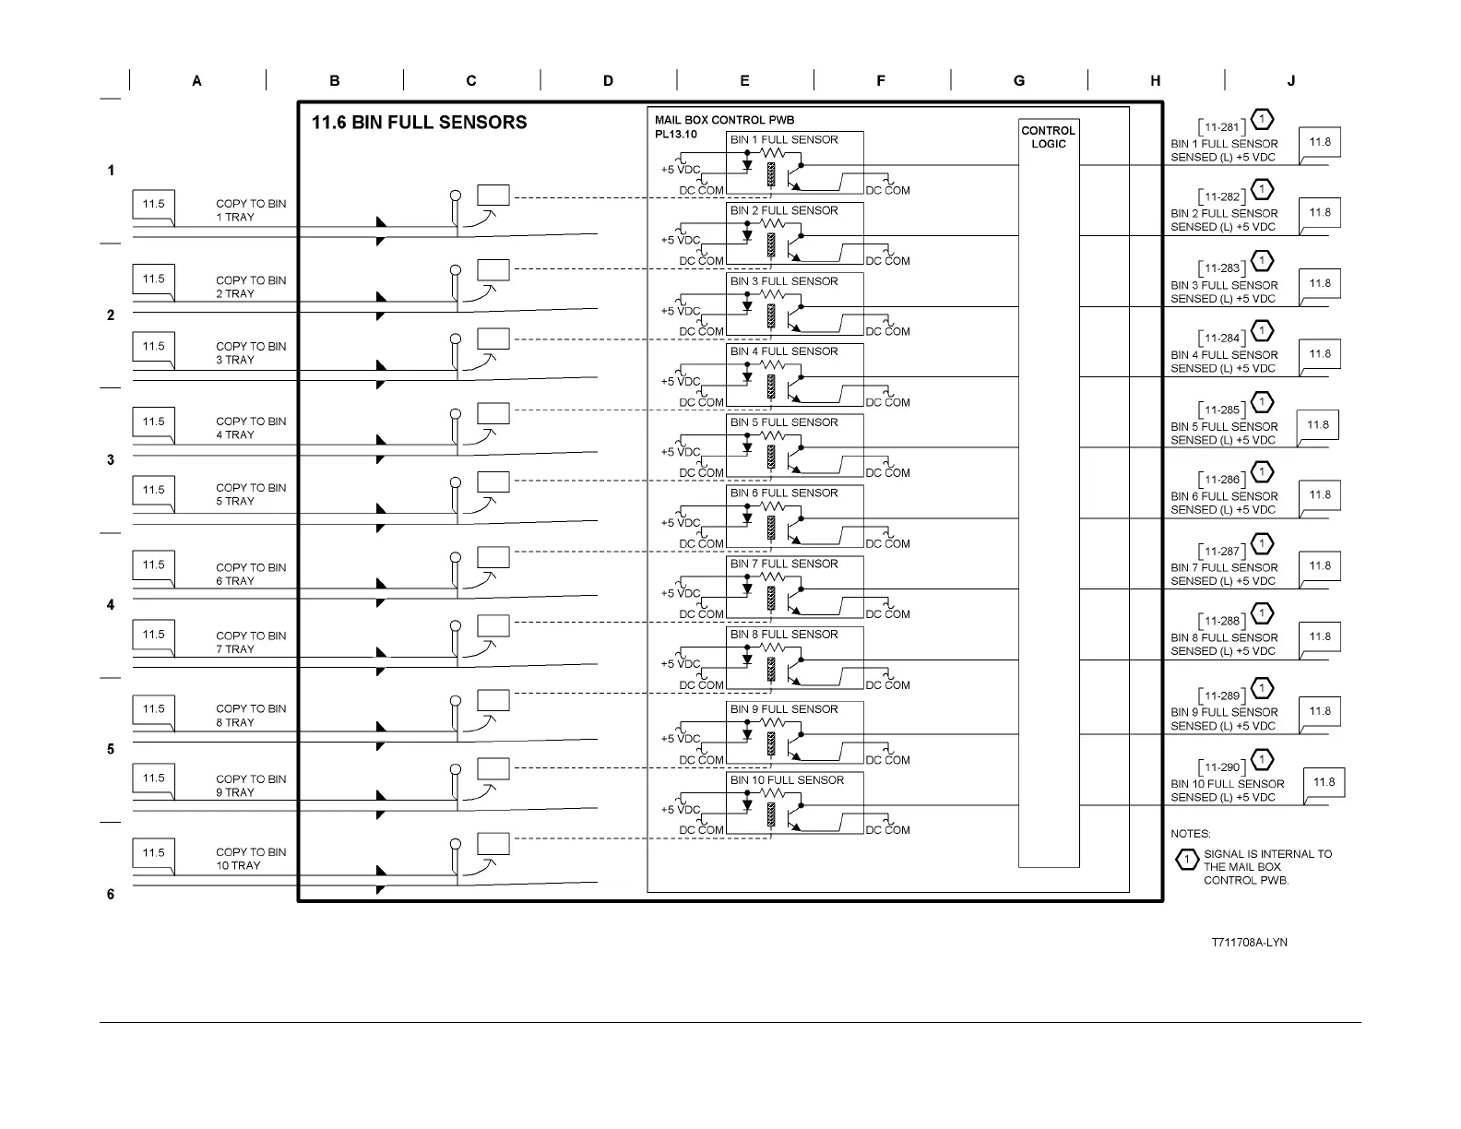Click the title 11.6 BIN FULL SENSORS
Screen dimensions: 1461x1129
click(x=419, y=123)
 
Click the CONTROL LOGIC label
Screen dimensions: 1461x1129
click(x=1048, y=137)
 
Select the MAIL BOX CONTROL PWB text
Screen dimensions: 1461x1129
click(x=724, y=120)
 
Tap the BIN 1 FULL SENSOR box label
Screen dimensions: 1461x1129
click(x=784, y=140)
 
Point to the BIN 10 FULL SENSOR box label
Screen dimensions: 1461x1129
click(x=787, y=780)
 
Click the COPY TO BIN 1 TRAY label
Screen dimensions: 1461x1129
click(x=251, y=210)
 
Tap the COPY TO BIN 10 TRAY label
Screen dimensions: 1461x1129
click(x=251, y=859)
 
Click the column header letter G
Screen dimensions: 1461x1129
click(x=1019, y=81)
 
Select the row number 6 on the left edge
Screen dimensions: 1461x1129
click(x=111, y=894)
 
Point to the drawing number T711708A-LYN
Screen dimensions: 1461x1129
click(x=1249, y=943)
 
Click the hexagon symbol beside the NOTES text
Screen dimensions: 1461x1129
click(x=1186, y=861)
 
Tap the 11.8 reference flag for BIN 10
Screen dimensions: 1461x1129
click(x=1324, y=783)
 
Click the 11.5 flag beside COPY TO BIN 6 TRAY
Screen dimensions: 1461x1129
click(x=154, y=565)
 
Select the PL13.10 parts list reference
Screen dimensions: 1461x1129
click(x=676, y=135)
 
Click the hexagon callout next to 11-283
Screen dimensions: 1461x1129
click(x=1262, y=261)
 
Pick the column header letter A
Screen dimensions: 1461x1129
click(x=197, y=81)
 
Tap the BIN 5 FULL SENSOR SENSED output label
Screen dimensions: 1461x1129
click(x=1224, y=434)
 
